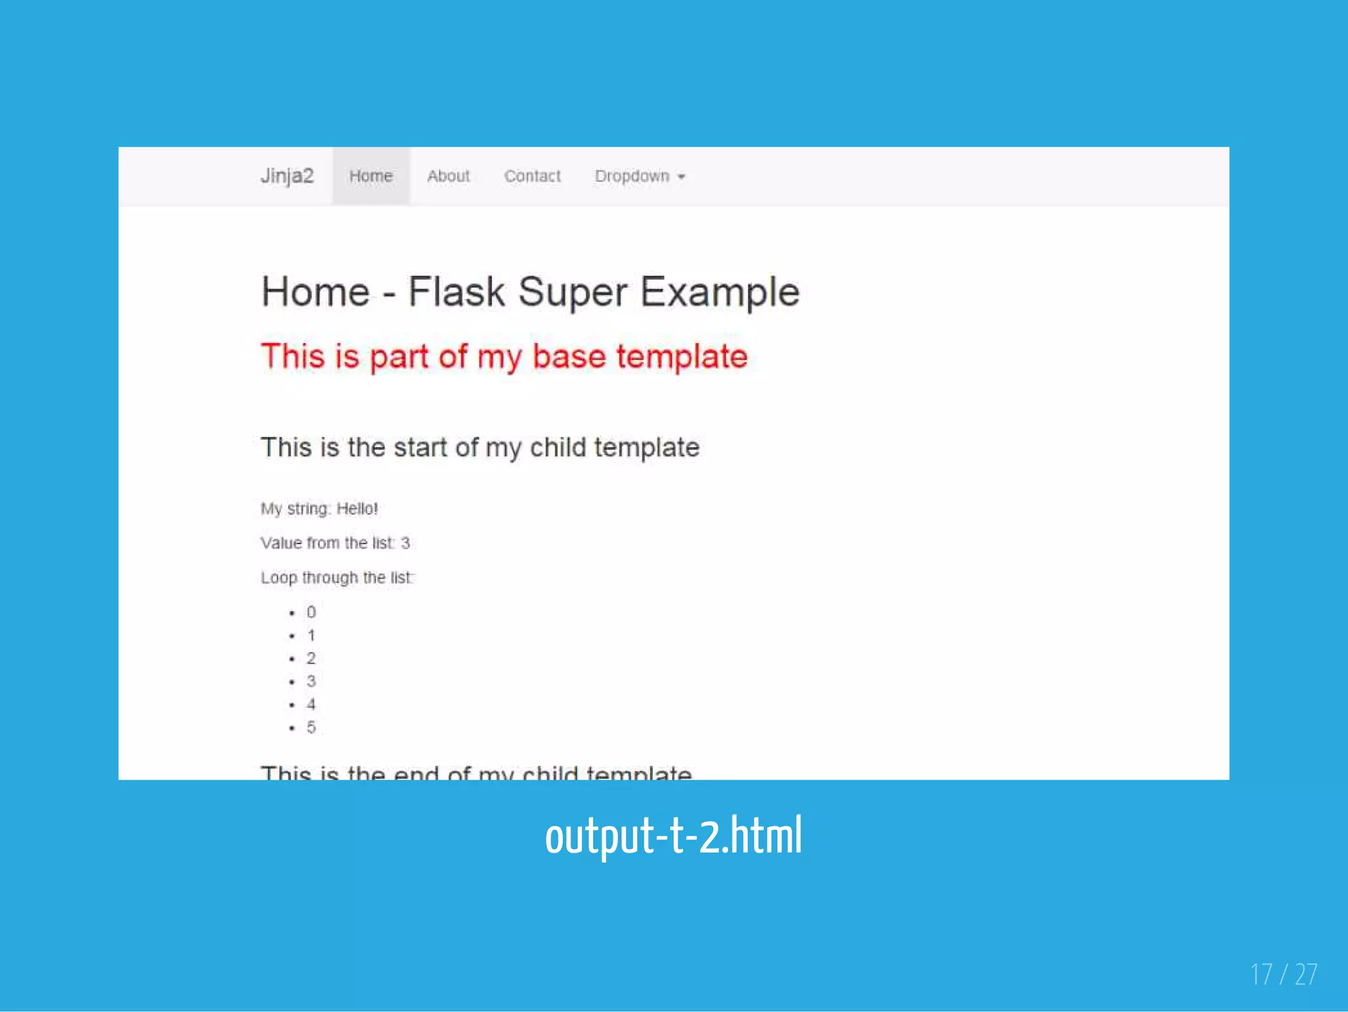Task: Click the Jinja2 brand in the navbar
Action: click(287, 176)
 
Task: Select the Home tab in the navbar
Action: click(371, 176)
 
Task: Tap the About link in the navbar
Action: click(448, 176)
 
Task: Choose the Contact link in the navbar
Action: click(532, 176)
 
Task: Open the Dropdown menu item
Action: click(632, 176)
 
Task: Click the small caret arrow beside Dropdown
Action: click(681, 176)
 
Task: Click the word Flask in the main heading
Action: click(456, 292)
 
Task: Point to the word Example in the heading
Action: click(719, 292)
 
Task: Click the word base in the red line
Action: click(569, 356)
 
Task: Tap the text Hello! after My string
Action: click(357, 508)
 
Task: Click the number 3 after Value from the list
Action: click(405, 543)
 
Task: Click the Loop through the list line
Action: click(337, 577)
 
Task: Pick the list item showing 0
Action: click(311, 612)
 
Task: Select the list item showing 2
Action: click(311, 658)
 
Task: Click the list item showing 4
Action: click(311, 705)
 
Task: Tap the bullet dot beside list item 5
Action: click(292, 728)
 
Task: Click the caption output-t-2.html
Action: click(673, 835)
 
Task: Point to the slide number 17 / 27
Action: click(1283, 974)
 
